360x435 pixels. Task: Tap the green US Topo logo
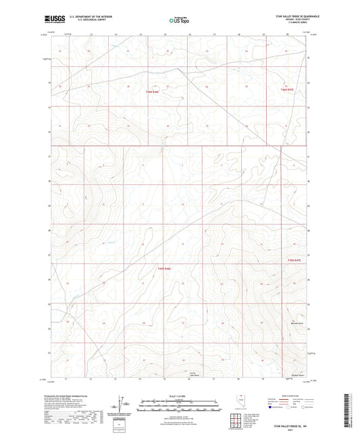(x=178, y=21)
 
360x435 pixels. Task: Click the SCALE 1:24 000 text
(x=178, y=395)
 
